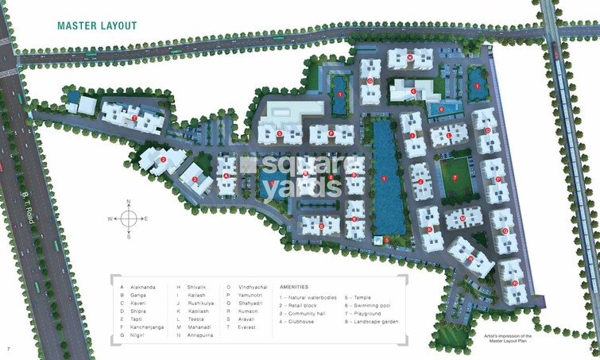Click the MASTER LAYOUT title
[x=97, y=25]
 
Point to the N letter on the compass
[x=128, y=203]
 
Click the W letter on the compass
[x=110, y=219]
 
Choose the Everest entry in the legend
[x=248, y=327]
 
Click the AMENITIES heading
[x=293, y=287]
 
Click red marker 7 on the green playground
[x=455, y=178]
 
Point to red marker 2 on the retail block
[x=163, y=160]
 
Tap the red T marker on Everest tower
[x=134, y=118]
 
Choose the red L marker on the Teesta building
[x=449, y=135]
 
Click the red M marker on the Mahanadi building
[x=463, y=217]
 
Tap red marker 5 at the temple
[x=386, y=239]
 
